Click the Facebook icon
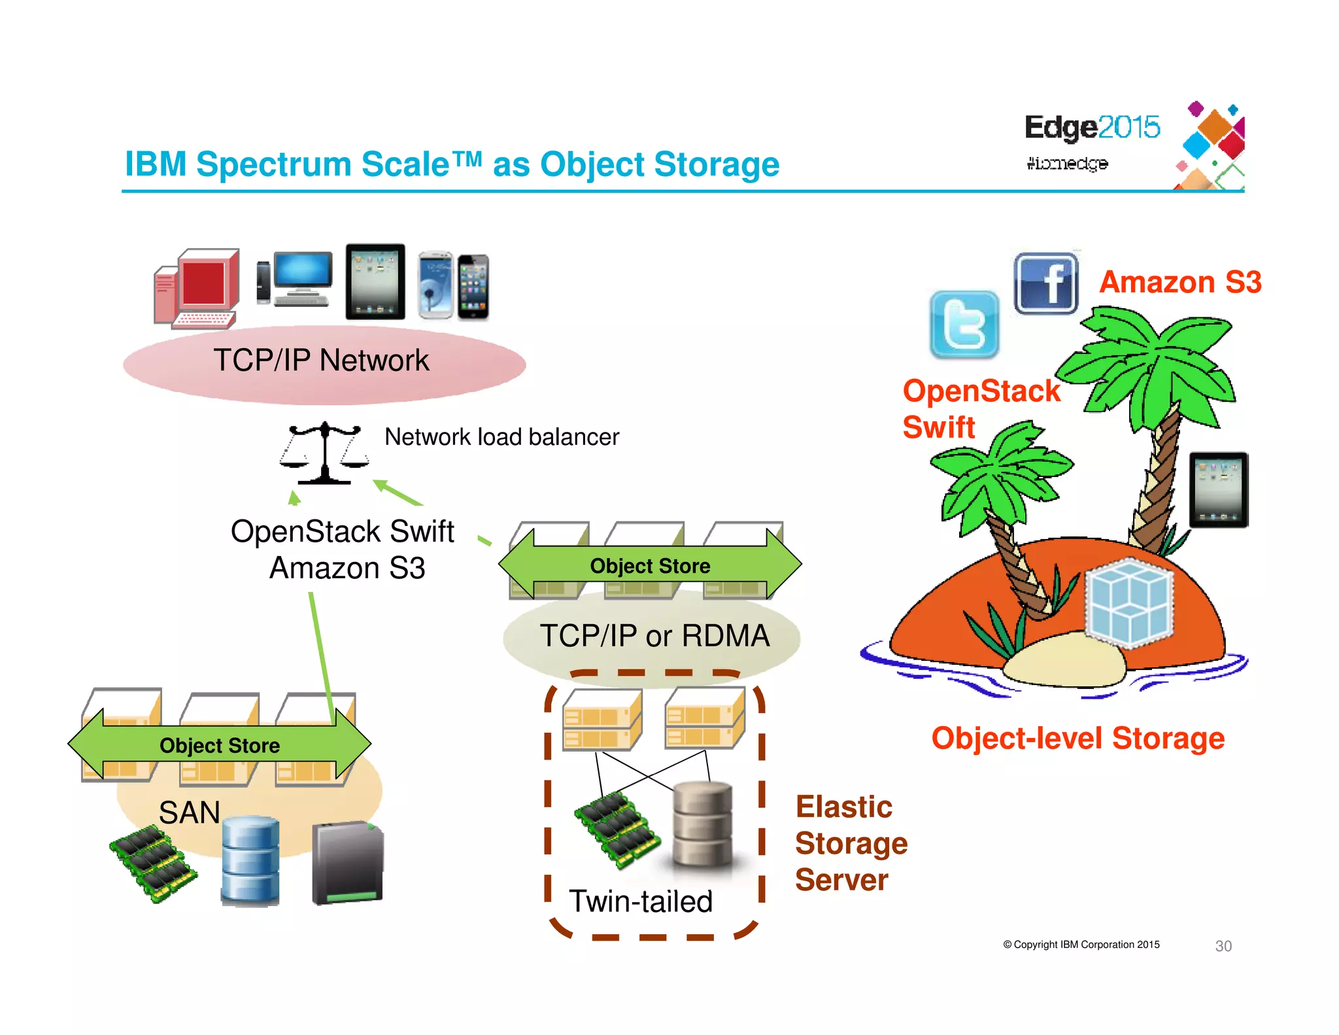pyautogui.click(x=1045, y=284)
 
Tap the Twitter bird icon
pyautogui.click(x=964, y=325)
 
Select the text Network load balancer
pyautogui.click(x=501, y=437)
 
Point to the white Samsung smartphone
pyautogui.click(x=435, y=285)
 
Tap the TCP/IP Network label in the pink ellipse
pyautogui.click(x=321, y=360)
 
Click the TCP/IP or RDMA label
pyautogui.click(x=654, y=636)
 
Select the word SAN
pyautogui.click(x=190, y=813)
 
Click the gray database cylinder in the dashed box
pyautogui.click(x=703, y=825)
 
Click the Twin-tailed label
pyautogui.click(x=641, y=902)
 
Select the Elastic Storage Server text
pyautogui.click(x=851, y=843)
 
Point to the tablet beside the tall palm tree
pyautogui.click(x=1218, y=489)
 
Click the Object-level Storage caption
pyautogui.click(x=1077, y=739)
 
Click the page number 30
pyautogui.click(x=1223, y=946)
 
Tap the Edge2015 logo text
pyautogui.click(x=1092, y=127)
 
